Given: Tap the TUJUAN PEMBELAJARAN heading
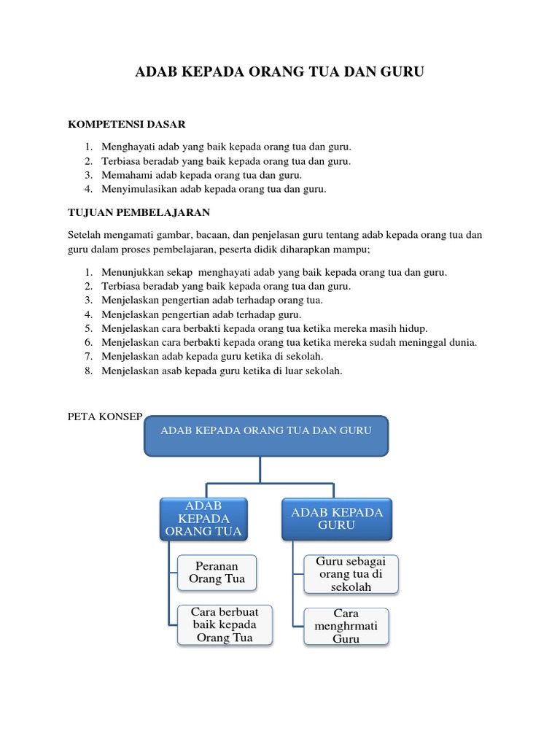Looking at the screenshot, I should click(139, 212).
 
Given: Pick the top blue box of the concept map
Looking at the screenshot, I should click(266, 436).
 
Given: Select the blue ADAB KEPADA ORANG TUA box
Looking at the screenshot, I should click(203, 519).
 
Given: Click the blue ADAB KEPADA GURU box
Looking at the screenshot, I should click(337, 519).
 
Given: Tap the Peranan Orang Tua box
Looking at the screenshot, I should click(217, 573).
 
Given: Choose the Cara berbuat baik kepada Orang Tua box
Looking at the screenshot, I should click(225, 624).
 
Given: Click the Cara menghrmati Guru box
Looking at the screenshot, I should click(346, 626).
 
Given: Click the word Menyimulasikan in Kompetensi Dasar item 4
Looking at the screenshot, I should click(138, 189).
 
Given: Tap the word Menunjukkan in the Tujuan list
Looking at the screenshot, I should click(131, 272).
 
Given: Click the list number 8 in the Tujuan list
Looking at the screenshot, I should click(87, 371).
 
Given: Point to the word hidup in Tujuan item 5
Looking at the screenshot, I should click(413, 328).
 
